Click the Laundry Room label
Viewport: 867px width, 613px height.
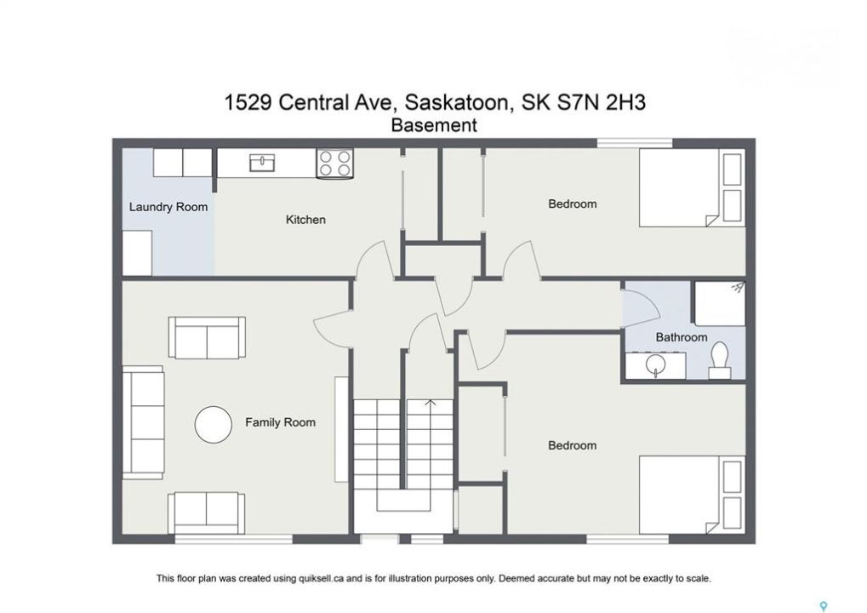point(168,207)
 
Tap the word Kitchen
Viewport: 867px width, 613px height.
point(305,220)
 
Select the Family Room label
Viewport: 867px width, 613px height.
point(280,422)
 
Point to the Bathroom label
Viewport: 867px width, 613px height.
point(682,337)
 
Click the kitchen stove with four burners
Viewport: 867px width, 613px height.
point(335,163)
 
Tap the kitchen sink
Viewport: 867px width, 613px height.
point(262,163)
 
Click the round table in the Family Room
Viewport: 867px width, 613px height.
point(213,424)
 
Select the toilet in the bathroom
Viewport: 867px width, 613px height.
point(720,360)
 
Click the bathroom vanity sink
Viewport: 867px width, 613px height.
point(656,365)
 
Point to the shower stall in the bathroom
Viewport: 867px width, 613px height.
point(720,304)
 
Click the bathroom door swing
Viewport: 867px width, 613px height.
point(641,307)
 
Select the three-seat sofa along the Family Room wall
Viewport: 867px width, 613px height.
point(143,422)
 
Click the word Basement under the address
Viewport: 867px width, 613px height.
point(434,126)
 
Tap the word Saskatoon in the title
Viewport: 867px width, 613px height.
point(456,102)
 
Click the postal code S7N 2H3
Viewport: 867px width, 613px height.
point(602,102)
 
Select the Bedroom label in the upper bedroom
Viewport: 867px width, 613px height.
point(573,204)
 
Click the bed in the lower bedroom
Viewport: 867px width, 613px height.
point(693,495)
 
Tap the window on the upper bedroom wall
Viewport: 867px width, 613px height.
point(635,143)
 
